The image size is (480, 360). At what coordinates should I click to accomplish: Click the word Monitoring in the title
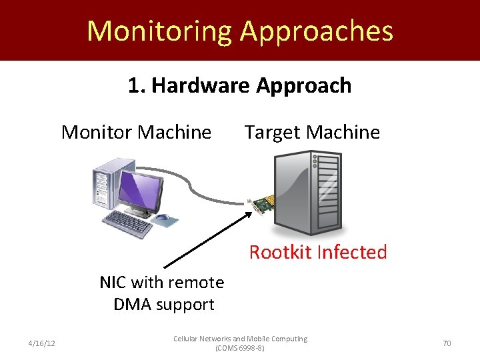pyautogui.click(x=159, y=31)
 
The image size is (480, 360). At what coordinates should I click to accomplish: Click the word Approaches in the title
pyautogui.click(x=317, y=31)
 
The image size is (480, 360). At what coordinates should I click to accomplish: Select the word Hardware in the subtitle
pyautogui.click(x=202, y=85)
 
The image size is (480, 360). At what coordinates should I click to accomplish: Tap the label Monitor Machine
pyautogui.click(x=136, y=132)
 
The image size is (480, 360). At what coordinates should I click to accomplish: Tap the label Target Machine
pyautogui.click(x=312, y=132)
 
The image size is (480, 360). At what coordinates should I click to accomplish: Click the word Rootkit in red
pyautogui.click(x=281, y=252)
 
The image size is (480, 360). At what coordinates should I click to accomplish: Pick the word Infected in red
pyautogui.click(x=352, y=252)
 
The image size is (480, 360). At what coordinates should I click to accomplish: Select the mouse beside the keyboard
pyautogui.click(x=162, y=217)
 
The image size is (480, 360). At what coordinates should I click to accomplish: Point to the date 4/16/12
pyautogui.click(x=41, y=343)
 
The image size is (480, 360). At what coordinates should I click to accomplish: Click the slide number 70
pyautogui.click(x=447, y=343)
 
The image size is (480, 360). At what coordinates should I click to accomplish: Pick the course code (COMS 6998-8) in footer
pyautogui.click(x=240, y=348)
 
